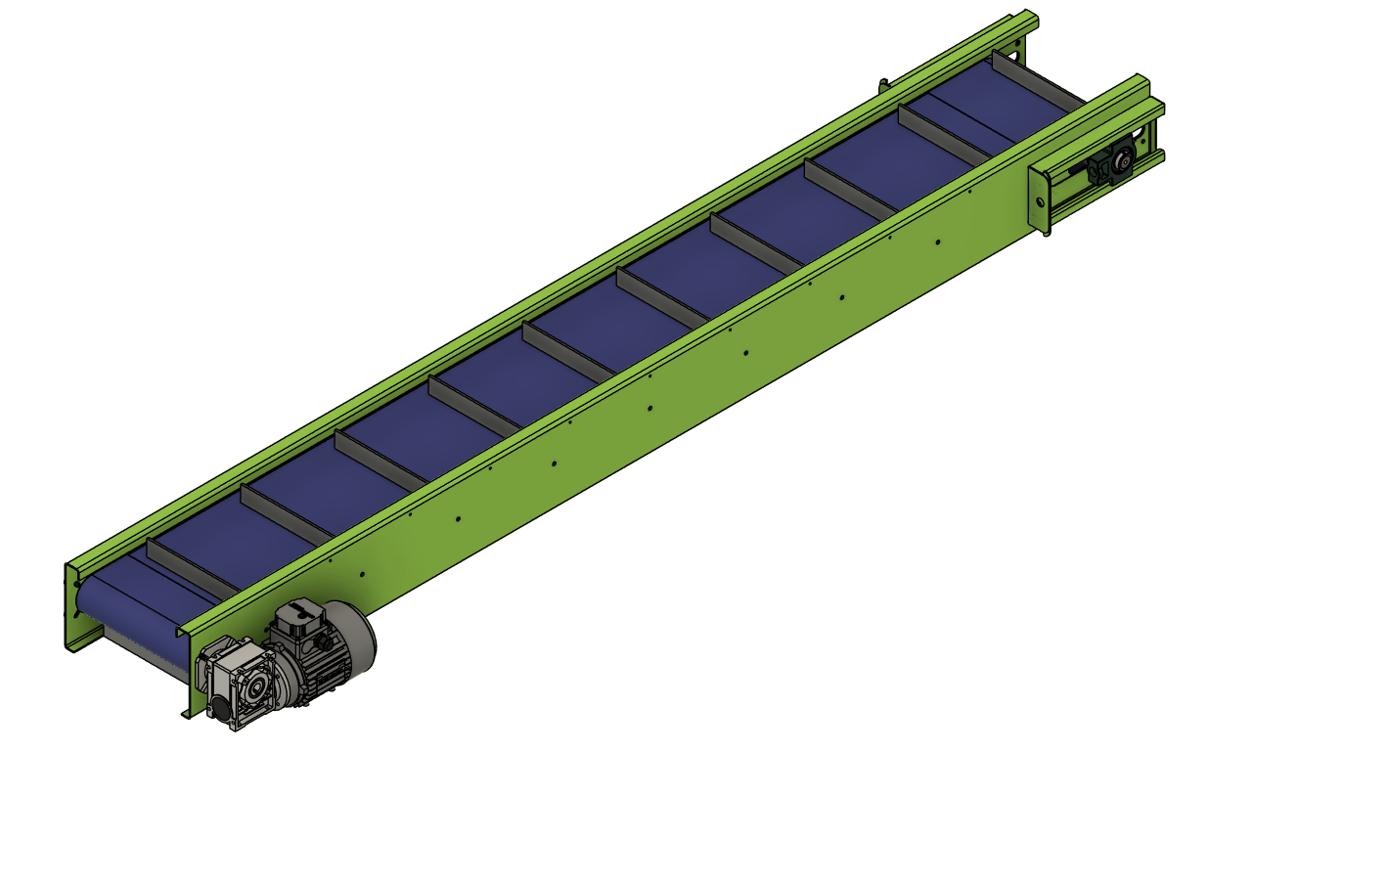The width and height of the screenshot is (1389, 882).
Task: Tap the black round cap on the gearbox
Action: pos(220,709)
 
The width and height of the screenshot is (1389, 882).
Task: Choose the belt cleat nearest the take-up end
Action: pos(1037,80)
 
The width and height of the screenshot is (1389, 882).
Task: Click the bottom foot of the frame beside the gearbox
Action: pos(186,712)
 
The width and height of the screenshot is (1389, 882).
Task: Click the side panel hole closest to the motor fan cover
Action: pos(362,574)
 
